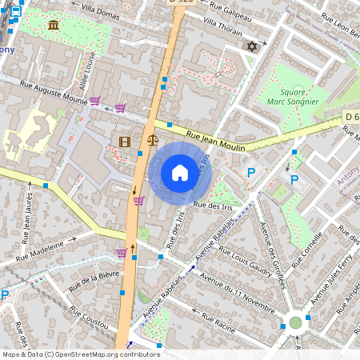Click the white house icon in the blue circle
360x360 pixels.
[x=180, y=173]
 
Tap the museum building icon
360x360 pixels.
[x=54, y=26]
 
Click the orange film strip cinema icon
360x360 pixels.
[x=124, y=142]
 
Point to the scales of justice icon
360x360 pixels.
[x=153, y=141]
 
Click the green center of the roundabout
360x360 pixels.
[x=295, y=322]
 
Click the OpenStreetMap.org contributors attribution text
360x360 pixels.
[x=104, y=354]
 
